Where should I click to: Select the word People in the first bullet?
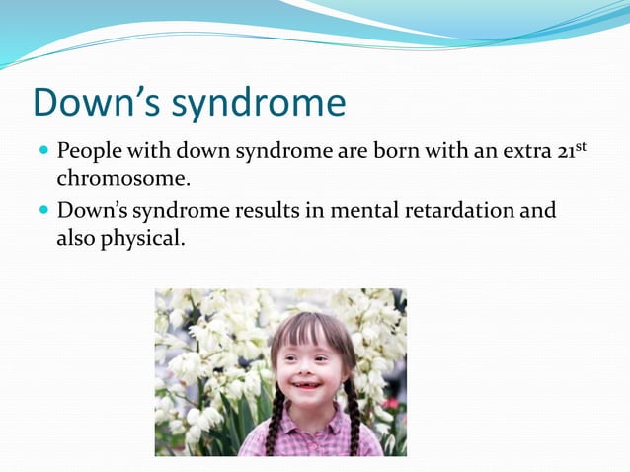point(90,153)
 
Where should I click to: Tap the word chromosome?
point(121,181)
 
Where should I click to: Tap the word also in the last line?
point(75,238)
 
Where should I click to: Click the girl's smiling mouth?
point(306,385)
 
